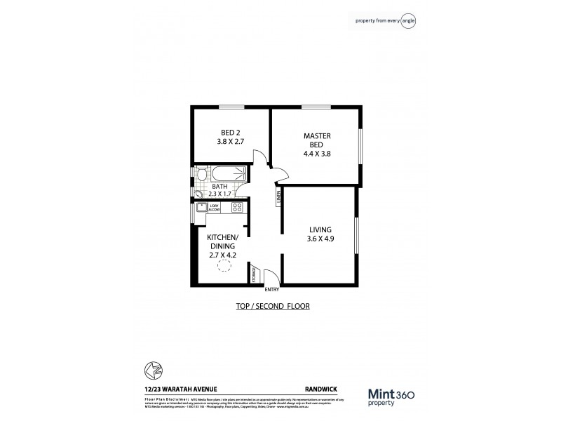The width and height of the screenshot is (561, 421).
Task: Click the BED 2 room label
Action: pos(230,132)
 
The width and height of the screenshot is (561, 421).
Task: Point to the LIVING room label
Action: pos(320,229)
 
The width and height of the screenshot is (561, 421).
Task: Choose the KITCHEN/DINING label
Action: pos(223,241)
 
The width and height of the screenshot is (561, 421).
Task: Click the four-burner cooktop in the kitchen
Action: pos(236,208)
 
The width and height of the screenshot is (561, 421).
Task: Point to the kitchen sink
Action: pos(200,208)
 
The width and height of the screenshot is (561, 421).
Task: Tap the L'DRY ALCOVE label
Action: pos(215,208)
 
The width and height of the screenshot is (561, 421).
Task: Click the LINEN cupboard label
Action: pos(278,198)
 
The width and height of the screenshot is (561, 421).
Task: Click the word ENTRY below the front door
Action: pos(271,289)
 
